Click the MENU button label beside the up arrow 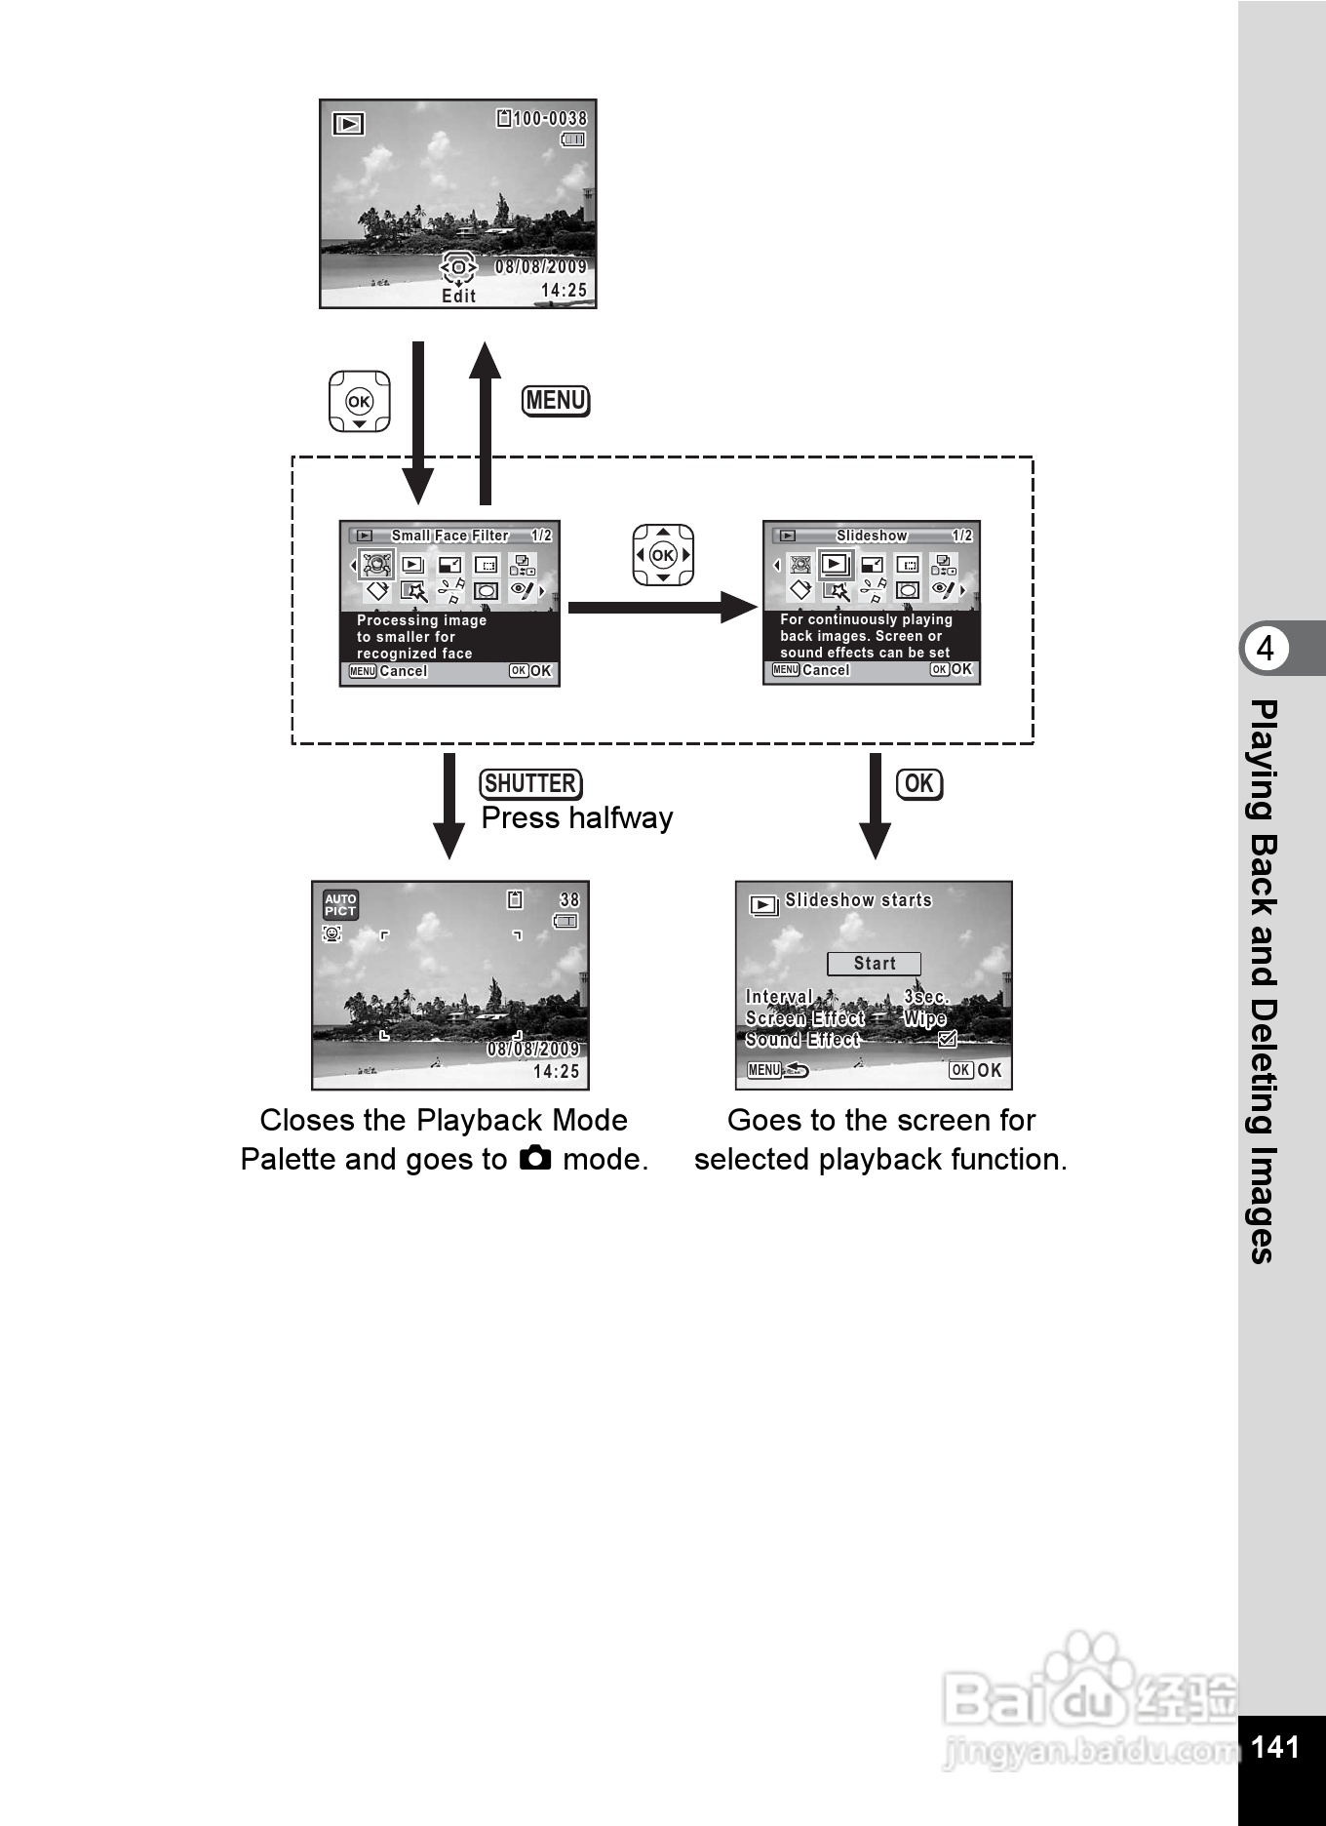pos(556,401)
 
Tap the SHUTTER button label pos(530,783)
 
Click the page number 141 pos(1274,1746)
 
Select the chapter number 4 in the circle pos(1265,649)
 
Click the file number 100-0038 pos(550,119)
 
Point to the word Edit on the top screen pos(458,297)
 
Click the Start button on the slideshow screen pos(874,964)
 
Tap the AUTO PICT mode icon pos(340,905)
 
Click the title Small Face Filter pos(449,536)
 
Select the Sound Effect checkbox pos(947,1040)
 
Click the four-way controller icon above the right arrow pos(663,555)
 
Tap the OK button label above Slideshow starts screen pos(918,783)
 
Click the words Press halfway pos(576,818)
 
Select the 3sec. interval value pos(925,997)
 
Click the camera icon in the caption pos(535,1159)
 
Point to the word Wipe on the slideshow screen pos(924,1018)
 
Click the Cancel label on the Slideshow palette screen pos(825,670)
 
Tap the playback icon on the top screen pos(348,124)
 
